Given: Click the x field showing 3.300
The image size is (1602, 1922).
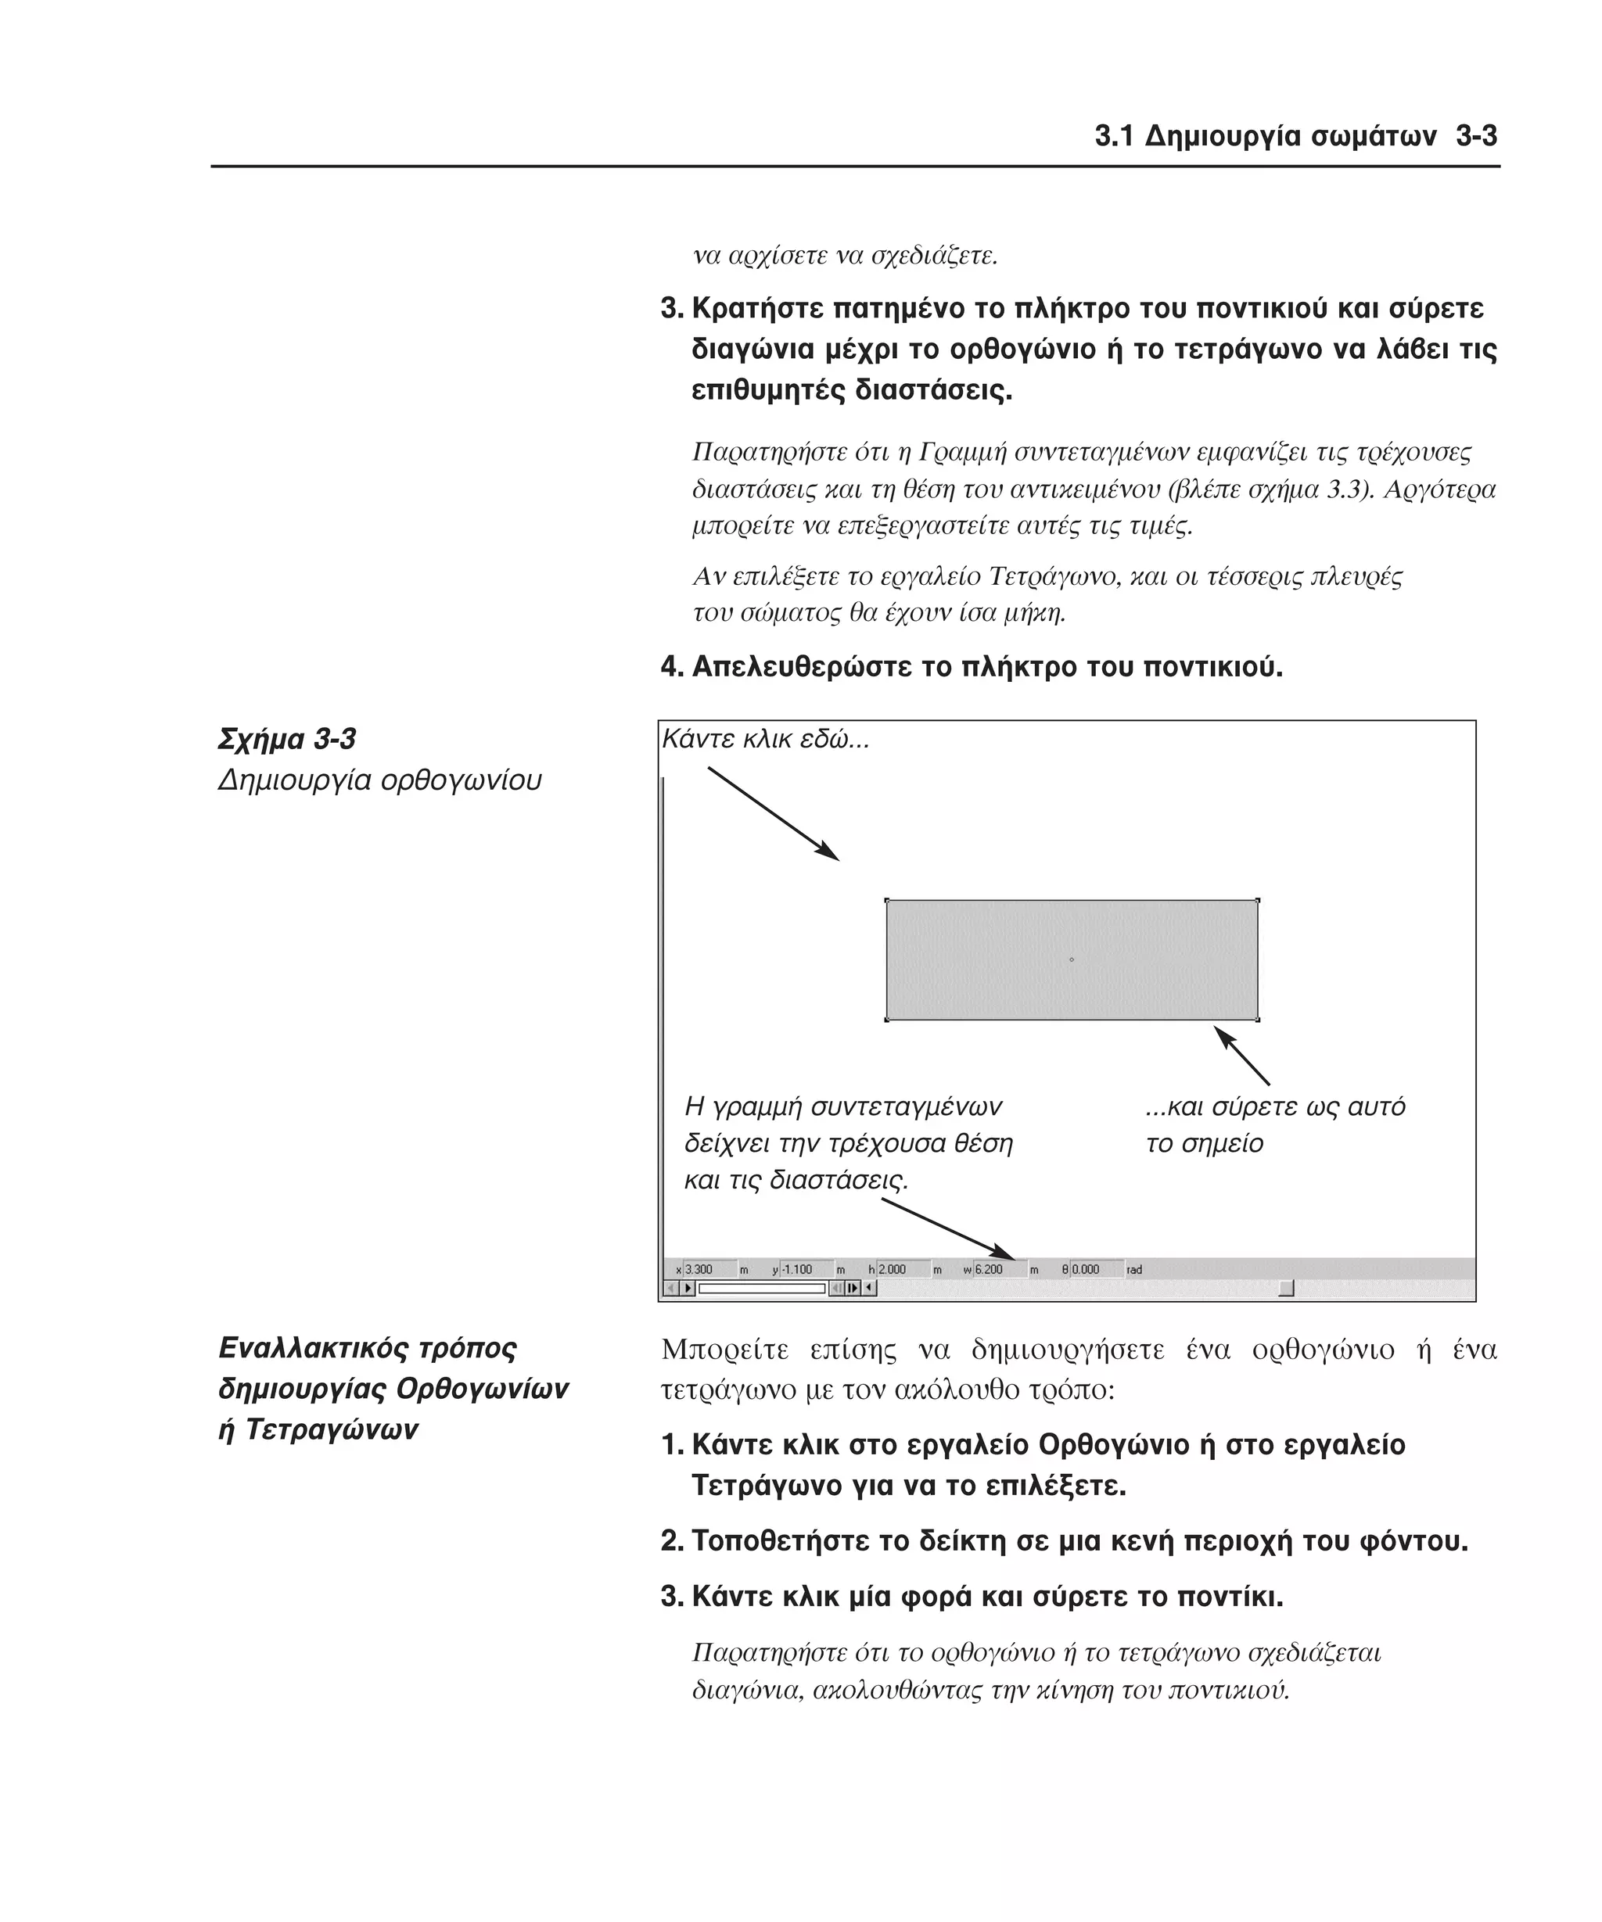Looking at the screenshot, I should (709, 1269).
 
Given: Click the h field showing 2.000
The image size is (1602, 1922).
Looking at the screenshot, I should (902, 1269).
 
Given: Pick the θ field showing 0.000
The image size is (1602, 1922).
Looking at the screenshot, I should (1096, 1269).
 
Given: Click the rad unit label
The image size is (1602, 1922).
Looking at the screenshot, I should (1134, 1269).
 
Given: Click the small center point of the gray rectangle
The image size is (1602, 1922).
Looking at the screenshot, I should (1071, 959).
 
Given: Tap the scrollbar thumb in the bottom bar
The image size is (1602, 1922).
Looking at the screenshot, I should (1286, 1289).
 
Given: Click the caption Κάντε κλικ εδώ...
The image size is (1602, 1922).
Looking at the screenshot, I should (764, 739).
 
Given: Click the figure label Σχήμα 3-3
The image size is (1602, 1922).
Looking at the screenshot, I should (286, 739).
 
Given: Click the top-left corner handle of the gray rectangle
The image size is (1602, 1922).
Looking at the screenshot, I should (887, 901).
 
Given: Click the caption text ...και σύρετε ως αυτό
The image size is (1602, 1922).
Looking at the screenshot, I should (1274, 1106).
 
